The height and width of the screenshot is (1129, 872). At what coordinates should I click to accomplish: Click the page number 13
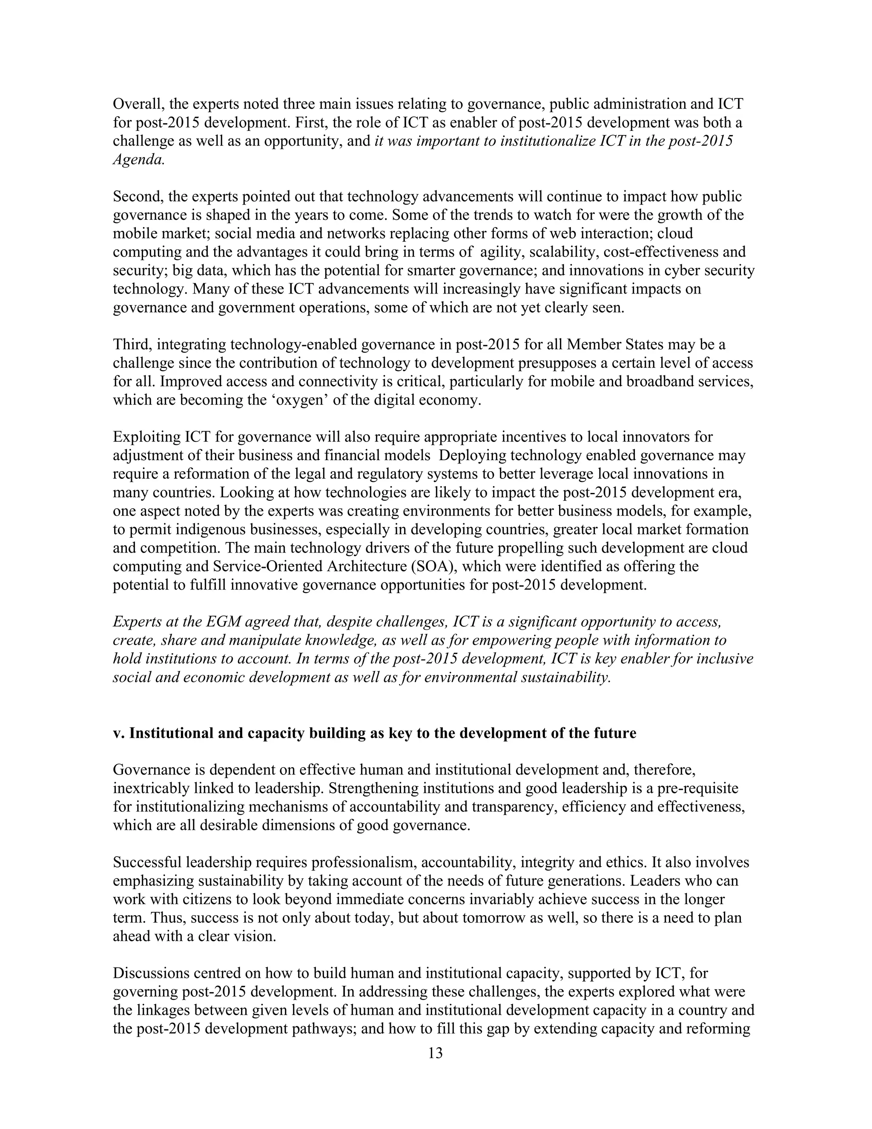point(436,1053)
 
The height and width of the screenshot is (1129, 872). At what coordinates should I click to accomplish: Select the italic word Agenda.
point(138,160)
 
